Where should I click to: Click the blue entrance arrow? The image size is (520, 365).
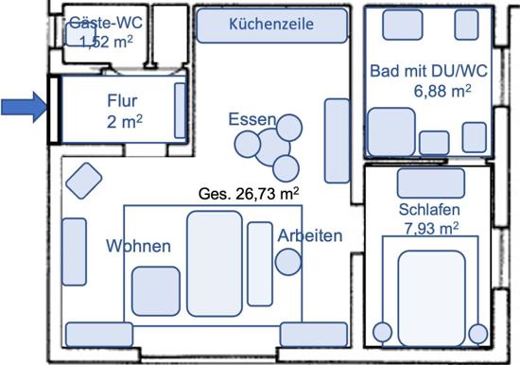click(24, 108)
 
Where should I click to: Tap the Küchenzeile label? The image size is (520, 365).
click(271, 25)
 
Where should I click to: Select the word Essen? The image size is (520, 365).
click(252, 119)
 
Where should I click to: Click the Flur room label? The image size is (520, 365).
click(122, 100)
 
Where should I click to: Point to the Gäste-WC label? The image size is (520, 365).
click(106, 23)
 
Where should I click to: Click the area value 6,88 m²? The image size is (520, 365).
click(442, 91)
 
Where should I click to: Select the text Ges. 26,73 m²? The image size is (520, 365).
click(249, 194)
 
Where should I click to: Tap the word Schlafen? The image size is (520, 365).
click(429, 210)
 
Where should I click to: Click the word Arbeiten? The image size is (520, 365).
click(310, 235)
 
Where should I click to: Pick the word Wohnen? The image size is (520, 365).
click(138, 246)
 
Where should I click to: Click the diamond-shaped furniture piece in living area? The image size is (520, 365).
click(84, 181)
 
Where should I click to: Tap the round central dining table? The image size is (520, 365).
click(272, 147)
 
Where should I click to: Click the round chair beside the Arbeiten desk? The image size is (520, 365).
click(288, 262)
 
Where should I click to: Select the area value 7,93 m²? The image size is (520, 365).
click(431, 228)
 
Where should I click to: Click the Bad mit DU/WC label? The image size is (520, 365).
click(428, 71)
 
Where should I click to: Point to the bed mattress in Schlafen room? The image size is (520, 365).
click(431, 299)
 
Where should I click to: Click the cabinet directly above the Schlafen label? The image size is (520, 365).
click(431, 183)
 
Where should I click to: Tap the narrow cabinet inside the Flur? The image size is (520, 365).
click(180, 111)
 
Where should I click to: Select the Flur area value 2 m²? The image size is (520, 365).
click(125, 122)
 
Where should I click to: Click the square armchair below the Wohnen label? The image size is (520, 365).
click(156, 291)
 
